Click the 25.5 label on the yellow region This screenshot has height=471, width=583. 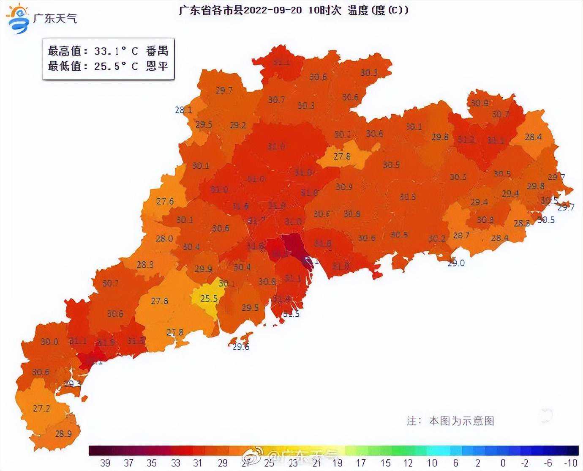pos(209,298)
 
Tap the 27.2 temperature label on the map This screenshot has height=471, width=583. pos(41,408)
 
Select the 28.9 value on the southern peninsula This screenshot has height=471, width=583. pos(63,434)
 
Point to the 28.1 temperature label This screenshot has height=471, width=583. pos(183,110)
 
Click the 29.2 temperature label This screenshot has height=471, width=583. pos(238,125)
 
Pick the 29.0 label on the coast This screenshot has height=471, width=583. pos(456,263)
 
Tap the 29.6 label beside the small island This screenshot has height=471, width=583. pos(241,347)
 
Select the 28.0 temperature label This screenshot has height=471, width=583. pos(164,238)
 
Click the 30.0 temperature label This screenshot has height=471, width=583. pos(49,341)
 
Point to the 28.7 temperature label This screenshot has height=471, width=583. pos(461,235)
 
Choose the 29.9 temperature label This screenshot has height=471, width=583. pos(203,269)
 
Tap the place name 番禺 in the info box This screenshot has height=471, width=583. pos(157,51)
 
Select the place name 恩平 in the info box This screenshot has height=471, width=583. pos(157,66)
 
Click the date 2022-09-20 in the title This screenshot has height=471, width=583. pos(273,10)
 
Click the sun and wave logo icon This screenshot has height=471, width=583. pos(18,18)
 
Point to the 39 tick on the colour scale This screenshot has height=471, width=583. pos(105,463)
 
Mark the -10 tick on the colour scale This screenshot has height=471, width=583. pos(570,463)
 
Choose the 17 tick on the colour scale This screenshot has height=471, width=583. pos(360,463)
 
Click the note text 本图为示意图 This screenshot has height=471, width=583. pos(461,421)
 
